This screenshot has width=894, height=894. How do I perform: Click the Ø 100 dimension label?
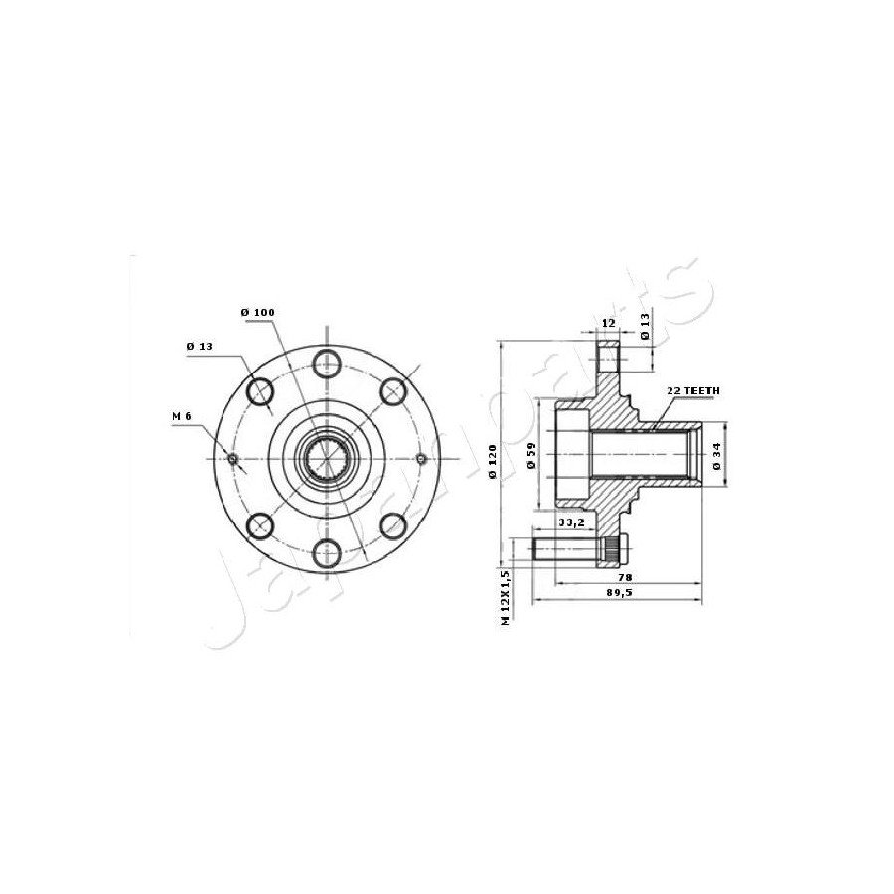click(257, 313)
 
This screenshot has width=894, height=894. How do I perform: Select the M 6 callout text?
click(182, 417)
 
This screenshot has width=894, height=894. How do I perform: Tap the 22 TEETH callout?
click(693, 391)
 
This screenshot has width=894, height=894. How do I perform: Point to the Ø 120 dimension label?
click(493, 461)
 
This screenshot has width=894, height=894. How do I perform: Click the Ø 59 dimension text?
click(532, 456)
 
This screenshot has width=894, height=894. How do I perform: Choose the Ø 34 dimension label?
click(716, 456)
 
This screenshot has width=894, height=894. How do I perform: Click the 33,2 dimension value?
click(571, 522)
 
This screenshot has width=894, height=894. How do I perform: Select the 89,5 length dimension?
click(619, 592)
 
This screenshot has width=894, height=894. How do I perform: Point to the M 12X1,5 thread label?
click(504, 597)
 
